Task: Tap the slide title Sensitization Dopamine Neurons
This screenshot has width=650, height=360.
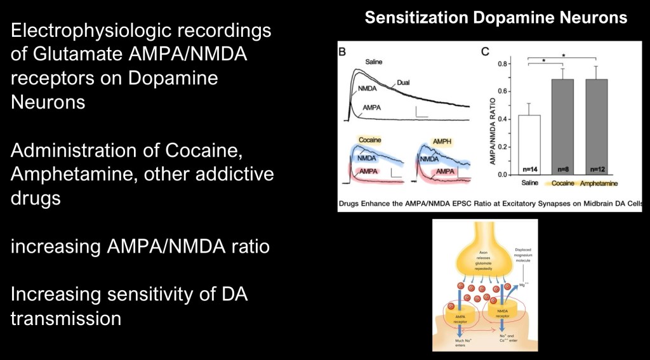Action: [496, 17]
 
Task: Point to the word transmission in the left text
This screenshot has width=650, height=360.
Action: [66, 317]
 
